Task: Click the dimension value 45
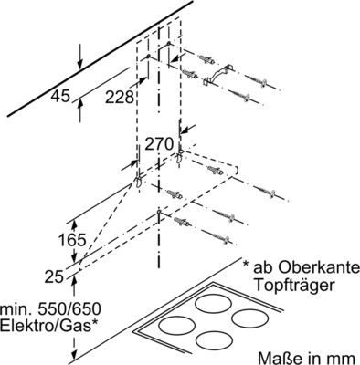pyautogui.click(x=60, y=94)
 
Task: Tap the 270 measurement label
pyautogui.click(x=159, y=142)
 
